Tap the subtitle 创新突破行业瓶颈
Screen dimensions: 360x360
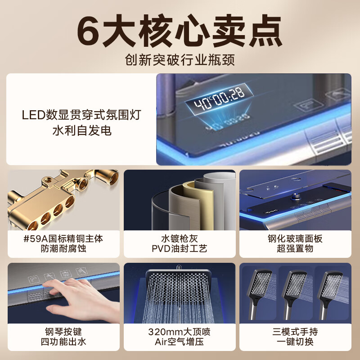click(180, 60)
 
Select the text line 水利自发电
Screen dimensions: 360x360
click(82, 130)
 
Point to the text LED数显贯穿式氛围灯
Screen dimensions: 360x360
click(81, 115)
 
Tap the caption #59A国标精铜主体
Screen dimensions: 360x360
click(63, 239)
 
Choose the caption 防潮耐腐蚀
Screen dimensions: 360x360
click(63, 248)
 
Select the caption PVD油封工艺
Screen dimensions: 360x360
click(180, 248)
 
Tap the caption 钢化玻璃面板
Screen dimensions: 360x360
click(295, 239)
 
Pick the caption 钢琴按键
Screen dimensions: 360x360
click(63, 332)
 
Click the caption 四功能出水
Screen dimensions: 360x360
click(63, 342)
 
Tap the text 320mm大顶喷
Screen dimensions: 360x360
click(179, 332)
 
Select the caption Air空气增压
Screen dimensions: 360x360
click(179, 342)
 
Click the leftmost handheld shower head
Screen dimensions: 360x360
click(260, 294)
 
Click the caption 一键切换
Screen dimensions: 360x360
click(295, 342)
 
